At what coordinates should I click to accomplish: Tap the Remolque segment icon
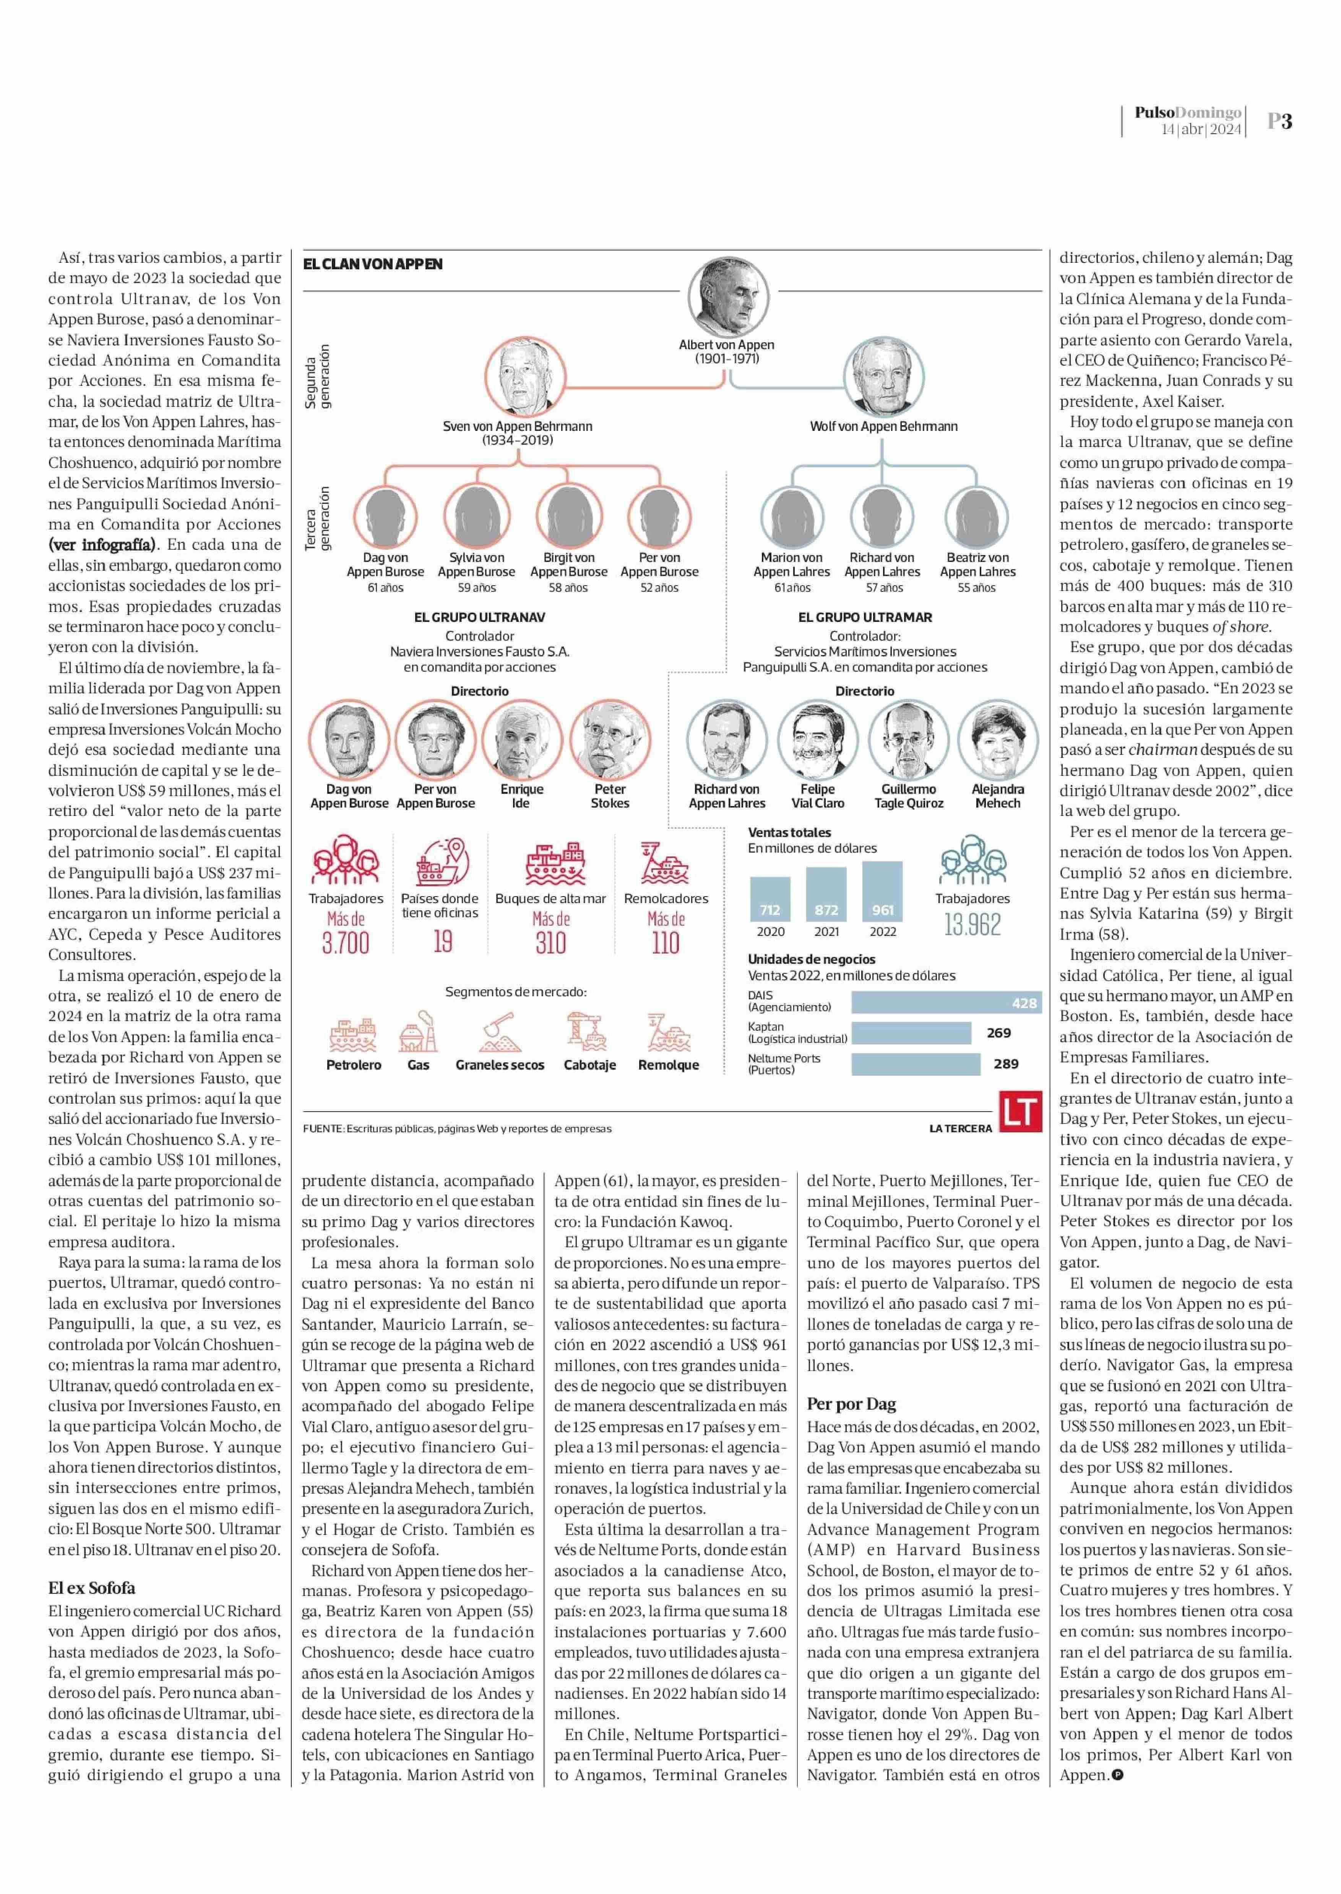tap(668, 1031)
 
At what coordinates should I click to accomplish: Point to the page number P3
tap(1279, 121)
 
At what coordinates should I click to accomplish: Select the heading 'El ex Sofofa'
tap(92, 1588)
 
